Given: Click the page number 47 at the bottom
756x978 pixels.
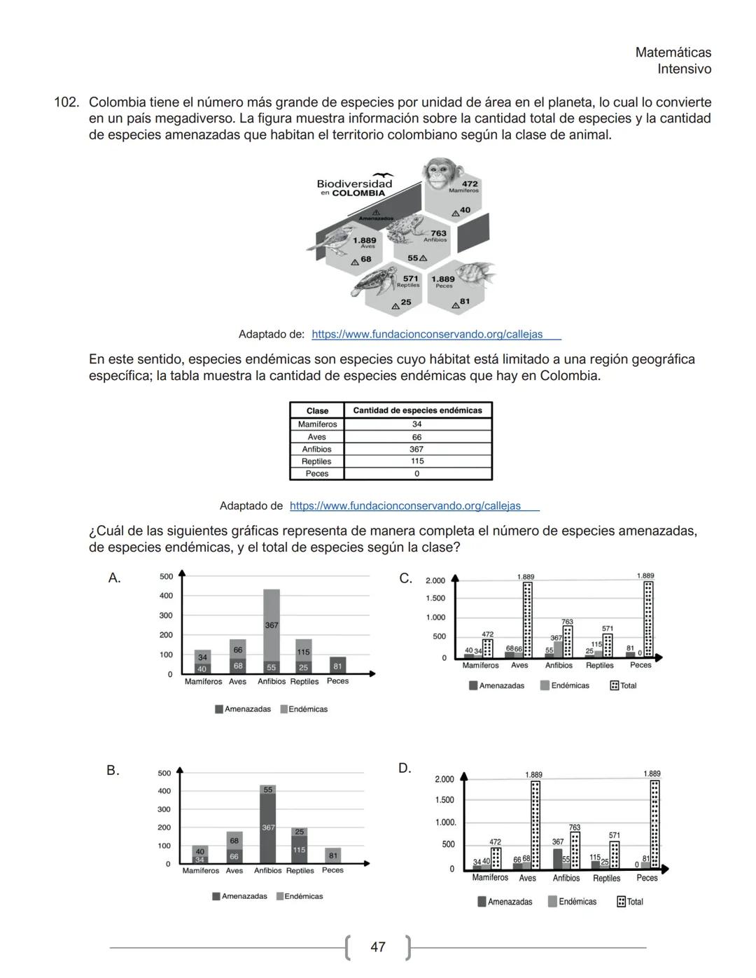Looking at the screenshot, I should (377, 946).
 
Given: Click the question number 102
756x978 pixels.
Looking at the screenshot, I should (66, 102).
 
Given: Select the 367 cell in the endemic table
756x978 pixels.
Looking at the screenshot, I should (416, 449).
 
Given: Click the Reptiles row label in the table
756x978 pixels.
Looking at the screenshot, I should (316, 461).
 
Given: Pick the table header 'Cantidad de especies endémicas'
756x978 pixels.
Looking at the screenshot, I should (417, 410).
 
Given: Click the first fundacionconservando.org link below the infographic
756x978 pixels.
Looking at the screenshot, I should (427, 334).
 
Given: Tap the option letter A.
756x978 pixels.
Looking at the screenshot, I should (114, 578).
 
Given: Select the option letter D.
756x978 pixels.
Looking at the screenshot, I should (405, 768).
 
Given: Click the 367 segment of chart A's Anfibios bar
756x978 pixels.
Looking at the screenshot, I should (271, 624).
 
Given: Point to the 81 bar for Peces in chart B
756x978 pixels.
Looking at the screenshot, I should (333, 855).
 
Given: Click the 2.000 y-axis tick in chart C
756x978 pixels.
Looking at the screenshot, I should (435, 580).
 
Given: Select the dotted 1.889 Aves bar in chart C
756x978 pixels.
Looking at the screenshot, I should (527, 620).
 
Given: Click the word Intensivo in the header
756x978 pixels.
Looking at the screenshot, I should (684, 69).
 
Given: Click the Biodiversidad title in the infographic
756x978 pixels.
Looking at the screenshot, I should (354, 183).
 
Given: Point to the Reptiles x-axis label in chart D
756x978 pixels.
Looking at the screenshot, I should (606, 878).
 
